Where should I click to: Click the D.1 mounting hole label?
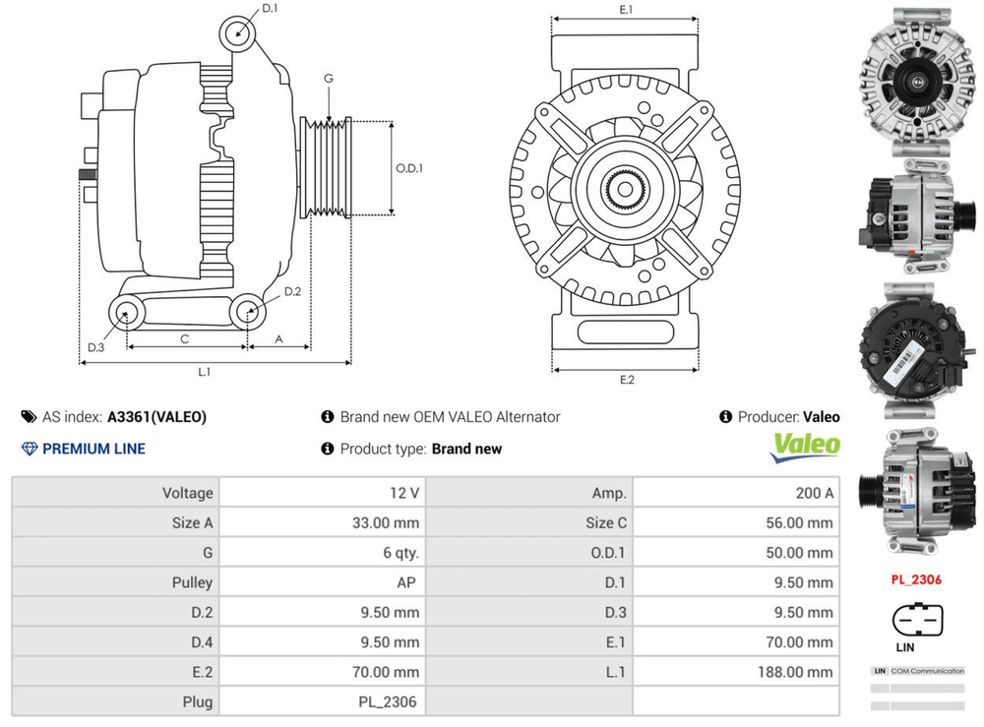coord(270,9)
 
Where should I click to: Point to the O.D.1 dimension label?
coord(408,168)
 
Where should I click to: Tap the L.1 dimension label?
coord(205,372)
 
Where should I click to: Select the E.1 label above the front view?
coord(626,9)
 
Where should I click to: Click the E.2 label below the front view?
coord(626,380)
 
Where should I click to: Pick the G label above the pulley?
coord(329,79)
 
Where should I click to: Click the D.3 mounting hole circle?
coord(125,315)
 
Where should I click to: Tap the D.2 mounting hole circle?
coord(247,312)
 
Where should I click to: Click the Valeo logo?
coord(805,446)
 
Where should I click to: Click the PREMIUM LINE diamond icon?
coord(30,449)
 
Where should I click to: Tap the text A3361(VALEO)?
coord(157,417)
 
